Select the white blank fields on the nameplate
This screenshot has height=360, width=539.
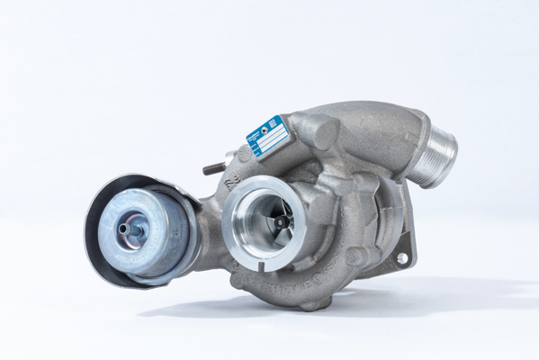271,140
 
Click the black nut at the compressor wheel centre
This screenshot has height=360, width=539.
281,221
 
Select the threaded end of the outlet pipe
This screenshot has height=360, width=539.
441,154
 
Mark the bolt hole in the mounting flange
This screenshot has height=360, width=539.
401,258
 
